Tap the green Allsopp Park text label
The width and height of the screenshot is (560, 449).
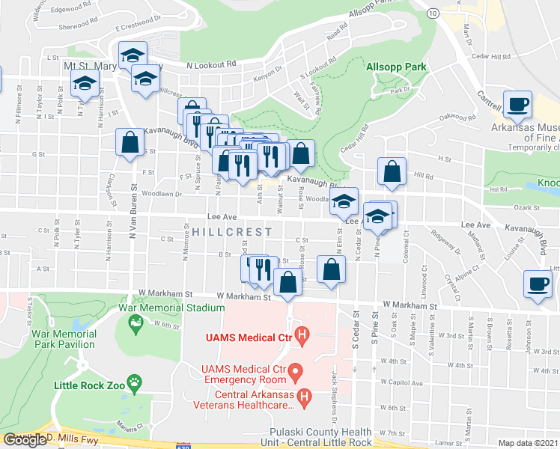396,67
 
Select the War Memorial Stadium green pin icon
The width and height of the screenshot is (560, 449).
136,323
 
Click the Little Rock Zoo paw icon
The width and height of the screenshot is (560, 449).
134,386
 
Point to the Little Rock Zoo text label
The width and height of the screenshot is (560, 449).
88,387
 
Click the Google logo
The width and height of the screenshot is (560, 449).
25,440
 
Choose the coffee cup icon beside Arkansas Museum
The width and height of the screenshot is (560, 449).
517,103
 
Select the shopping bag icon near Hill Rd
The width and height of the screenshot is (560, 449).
392,171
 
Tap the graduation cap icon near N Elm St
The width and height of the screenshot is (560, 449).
344,201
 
